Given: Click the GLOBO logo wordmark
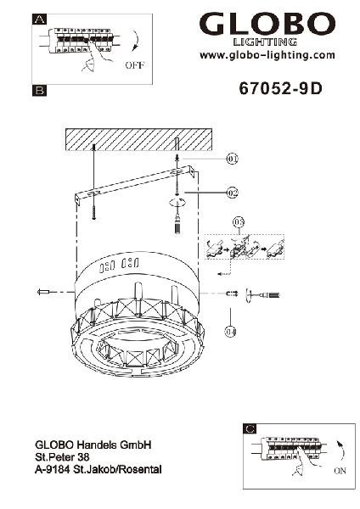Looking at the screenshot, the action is (267, 24).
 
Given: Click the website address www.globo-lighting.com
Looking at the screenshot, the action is (267, 55).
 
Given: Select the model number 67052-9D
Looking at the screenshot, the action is (281, 88).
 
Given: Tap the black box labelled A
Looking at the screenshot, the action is (40, 20).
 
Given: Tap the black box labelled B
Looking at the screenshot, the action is (40, 90).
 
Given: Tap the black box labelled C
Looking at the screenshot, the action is (250, 429).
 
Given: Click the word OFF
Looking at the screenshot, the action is (134, 65).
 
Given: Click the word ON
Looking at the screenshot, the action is (340, 470).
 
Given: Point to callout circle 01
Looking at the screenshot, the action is (232, 159).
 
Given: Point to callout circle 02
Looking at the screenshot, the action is (232, 193).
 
